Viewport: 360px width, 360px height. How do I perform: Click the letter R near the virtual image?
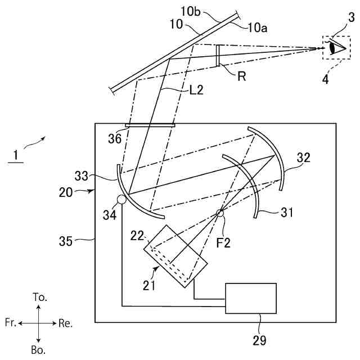click(241, 77)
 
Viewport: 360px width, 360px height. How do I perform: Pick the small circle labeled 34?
click(121, 199)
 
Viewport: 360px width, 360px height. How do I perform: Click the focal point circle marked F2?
click(220, 213)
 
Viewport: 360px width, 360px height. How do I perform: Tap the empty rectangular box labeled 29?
click(250, 298)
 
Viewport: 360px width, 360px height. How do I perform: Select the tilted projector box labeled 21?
click(176, 256)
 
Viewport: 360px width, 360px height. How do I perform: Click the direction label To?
click(40, 297)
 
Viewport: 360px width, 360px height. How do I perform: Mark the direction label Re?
click(65, 323)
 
